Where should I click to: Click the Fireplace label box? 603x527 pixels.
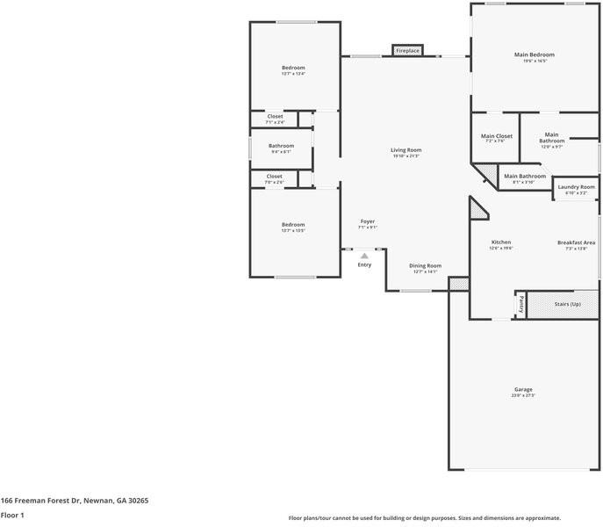coord(407,51)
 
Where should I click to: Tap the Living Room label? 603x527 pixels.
coord(406,150)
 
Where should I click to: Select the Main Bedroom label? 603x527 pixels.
coord(534,54)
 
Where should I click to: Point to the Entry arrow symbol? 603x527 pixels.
coord(364,256)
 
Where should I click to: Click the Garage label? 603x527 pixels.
coord(523,389)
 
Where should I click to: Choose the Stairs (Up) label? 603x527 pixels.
coord(567,304)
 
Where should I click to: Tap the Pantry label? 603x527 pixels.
coord(520,304)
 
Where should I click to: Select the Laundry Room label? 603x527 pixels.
coord(576,186)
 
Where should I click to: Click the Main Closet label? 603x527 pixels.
coord(496,136)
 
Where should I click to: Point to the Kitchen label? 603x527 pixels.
coord(500,242)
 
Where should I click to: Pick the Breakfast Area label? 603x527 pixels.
coord(576,242)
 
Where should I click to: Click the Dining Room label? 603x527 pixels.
coord(425,265)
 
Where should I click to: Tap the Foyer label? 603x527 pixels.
coord(367,221)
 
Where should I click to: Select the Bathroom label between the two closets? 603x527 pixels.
coord(281,146)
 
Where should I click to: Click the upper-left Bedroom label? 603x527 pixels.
coord(293,68)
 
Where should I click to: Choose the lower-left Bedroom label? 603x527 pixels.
coord(293,225)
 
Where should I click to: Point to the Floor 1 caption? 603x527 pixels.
coord(12,516)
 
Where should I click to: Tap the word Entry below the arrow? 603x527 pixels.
coord(364,264)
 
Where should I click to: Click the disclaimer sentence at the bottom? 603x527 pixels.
coord(425,518)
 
